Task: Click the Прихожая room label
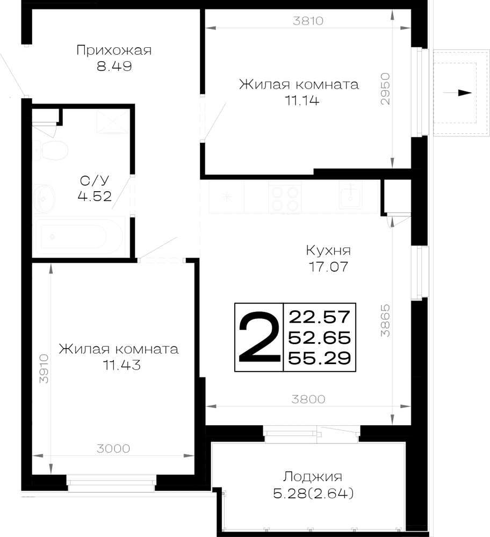[114, 50]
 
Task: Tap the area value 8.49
[114, 66]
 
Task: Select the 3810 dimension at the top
[308, 21]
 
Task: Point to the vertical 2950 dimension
[385, 89]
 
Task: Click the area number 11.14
[302, 101]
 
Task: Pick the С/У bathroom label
[94, 180]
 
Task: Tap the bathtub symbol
[78, 236]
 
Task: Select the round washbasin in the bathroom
[45, 199]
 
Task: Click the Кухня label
[328, 251]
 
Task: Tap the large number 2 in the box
[259, 337]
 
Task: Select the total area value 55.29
[319, 359]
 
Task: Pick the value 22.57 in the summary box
[319, 317]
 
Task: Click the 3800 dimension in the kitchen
[308, 400]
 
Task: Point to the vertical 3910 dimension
[44, 368]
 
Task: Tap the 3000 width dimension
[113, 448]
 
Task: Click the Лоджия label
[313, 477]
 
